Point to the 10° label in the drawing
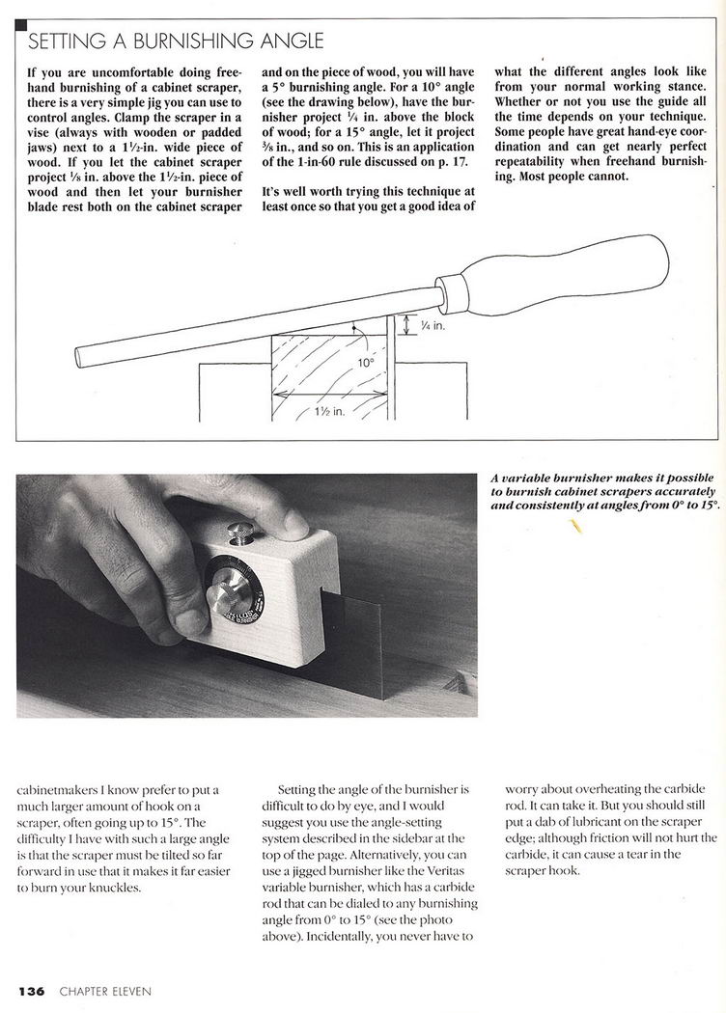coord(366,364)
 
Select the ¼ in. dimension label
coord(432,328)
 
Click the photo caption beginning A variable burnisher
coord(604,492)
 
